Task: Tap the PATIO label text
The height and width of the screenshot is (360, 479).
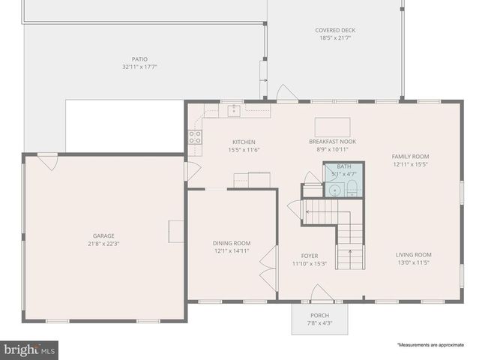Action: point(139,58)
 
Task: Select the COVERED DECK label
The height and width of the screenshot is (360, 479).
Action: point(334,31)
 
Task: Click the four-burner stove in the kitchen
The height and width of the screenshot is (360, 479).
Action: point(194,136)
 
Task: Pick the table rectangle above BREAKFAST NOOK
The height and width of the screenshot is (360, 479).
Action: point(331,126)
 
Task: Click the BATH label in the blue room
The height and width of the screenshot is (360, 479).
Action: point(343,166)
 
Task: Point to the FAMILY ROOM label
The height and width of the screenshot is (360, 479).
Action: point(410,156)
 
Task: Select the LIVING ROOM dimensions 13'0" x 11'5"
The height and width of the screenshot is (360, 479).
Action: point(413,263)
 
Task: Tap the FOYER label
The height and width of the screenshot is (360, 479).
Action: point(310,256)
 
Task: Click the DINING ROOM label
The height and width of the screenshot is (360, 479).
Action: point(232,243)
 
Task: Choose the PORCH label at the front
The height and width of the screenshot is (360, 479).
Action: point(319,316)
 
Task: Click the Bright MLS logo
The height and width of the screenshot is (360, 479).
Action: point(30,349)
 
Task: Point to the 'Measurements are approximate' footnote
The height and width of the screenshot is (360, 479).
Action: point(430,345)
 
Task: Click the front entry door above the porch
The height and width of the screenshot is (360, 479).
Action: point(322,294)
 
